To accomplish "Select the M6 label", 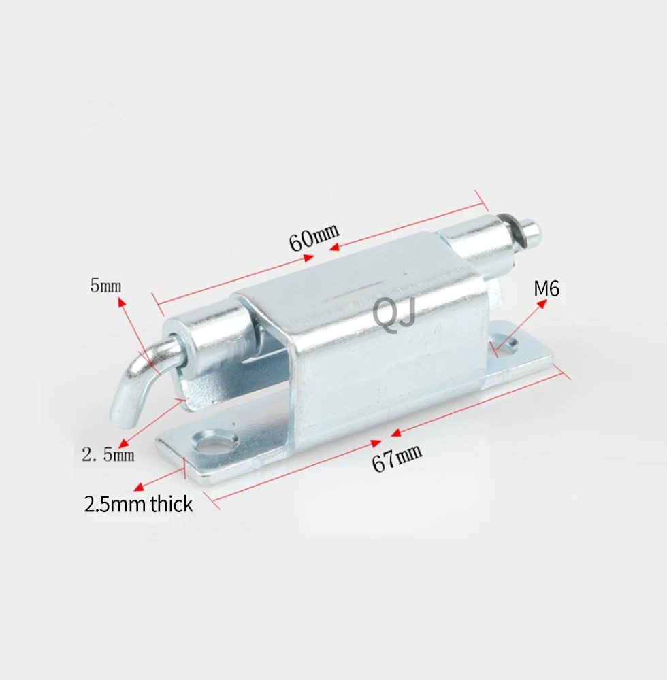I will tap(546, 288).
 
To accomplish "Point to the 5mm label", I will tap(105, 286).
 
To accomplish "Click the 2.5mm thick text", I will tap(138, 504).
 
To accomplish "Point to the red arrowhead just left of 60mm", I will tap(310, 257).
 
